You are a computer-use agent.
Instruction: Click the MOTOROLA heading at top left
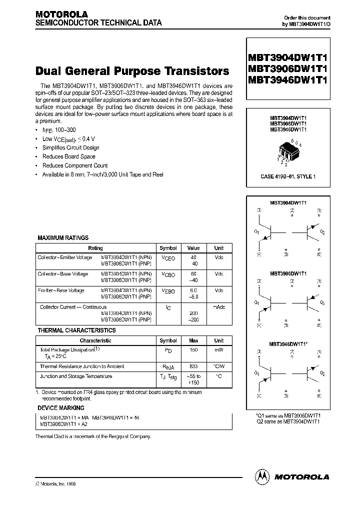click(61, 14)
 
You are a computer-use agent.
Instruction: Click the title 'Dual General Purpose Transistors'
click(133, 71)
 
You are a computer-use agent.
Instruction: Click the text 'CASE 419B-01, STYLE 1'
click(288, 176)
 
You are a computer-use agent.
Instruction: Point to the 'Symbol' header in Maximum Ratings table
click(168, 248)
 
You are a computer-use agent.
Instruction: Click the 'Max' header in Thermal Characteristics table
click(193, 340)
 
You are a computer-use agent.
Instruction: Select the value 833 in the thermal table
click(193, 366)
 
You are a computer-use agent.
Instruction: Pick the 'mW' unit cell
click(219, 350)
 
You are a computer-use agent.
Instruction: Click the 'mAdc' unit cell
click(219, 307)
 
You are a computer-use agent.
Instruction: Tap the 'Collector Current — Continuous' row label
click(73, 307)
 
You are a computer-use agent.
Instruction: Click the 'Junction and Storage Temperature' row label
click(75, 376)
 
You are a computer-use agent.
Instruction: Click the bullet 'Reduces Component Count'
click(75, 165)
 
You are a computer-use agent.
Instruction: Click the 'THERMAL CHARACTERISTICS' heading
click(76, 330)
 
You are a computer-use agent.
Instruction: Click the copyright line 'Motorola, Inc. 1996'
click(58, 484)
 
